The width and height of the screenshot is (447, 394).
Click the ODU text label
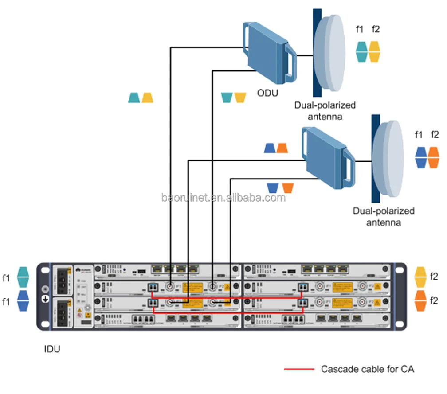pyautogui.click(x=267, y=94)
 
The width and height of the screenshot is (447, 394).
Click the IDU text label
pyautogui.click(x=52, y=349)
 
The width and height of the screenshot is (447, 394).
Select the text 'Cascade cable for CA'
pyautogui.click(x=368, y=369)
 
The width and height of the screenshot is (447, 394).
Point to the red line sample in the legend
pyautogui.click(x=298, y=369)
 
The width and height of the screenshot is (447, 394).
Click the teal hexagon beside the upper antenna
pyautogui.click(x=361, y=51)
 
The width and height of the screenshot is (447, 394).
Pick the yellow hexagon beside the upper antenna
pyautogui.click(x=375, y=51)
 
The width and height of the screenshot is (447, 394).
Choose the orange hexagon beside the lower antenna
pyautogui.click(x=433, y=157)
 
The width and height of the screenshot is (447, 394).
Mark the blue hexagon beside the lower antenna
pyautogui.click(x=420, y=157)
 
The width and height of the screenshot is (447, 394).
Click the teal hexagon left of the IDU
pyautogui.click(x=23, y=277)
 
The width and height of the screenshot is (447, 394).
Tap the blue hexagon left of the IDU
pyautogui.click(x=23, y=300)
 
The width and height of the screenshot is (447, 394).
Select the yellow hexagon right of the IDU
pyautogui.click(x=421, y=277)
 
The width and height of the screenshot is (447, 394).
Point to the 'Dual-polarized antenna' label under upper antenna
pyautogui.click(x=325, y=111)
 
